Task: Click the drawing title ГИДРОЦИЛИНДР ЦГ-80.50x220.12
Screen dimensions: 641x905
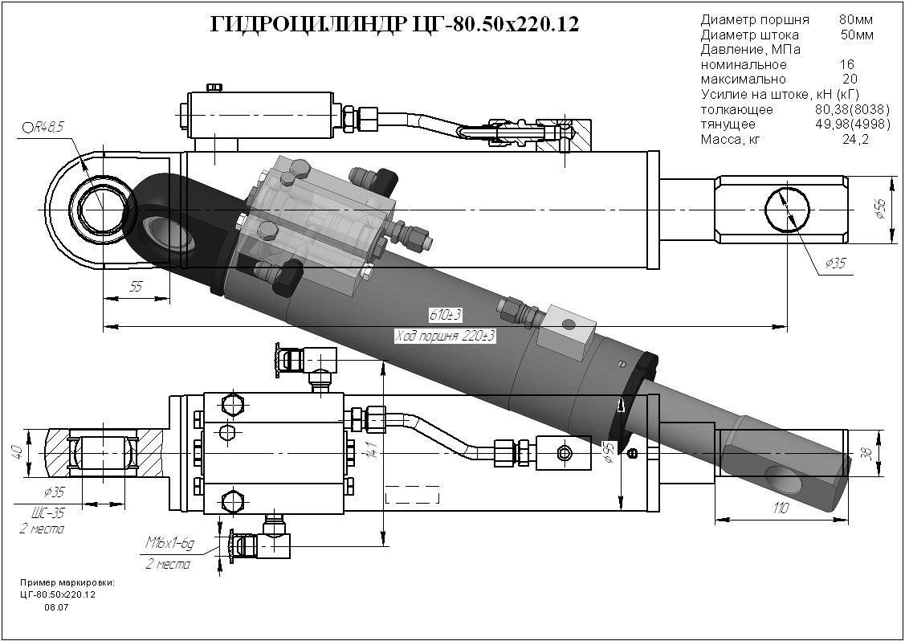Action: click(394, 26)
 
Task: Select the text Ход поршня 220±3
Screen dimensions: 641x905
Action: click(444, 337)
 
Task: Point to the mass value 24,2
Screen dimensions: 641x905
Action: click(854, 139)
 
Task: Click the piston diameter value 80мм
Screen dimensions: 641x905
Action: click(856, 19)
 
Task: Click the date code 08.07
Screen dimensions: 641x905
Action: click(56, 607)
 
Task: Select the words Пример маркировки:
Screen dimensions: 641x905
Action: click(67, 582)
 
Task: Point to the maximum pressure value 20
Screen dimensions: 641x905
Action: click(850, 80)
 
